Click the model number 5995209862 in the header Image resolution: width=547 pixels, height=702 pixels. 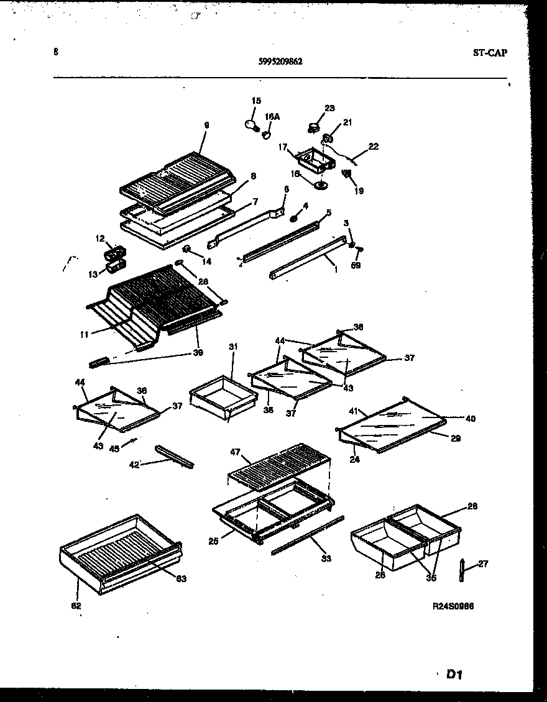pos(280,61)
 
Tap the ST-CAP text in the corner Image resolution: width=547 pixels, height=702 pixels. pos(489,53)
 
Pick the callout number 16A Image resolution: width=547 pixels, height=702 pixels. pos(272,116)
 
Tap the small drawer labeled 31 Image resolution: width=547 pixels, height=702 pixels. pos(222,396)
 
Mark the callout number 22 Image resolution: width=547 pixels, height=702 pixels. pos(373,147)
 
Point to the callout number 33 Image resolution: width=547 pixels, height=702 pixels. pos(327,558)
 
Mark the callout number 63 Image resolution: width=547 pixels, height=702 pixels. pos(181,578)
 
